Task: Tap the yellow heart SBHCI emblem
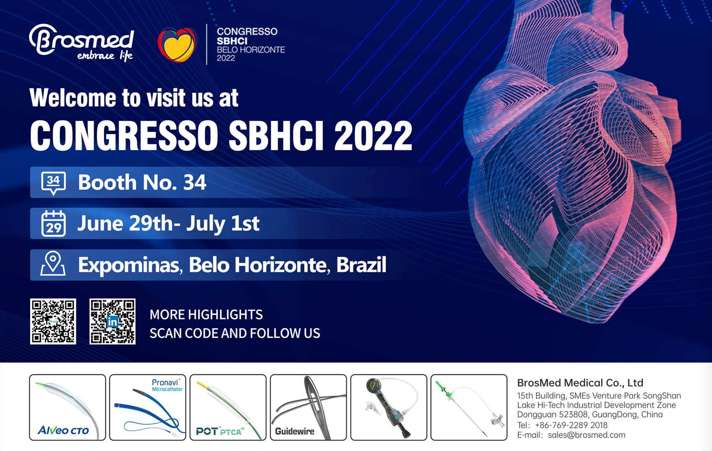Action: click(x=177, y=45)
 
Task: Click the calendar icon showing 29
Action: click(x=54, y=224)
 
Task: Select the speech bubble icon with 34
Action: click(x=54, y=183)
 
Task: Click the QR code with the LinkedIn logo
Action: click(x=113, y=321)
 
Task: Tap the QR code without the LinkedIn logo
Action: click(x=53, y=321)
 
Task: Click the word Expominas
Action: click(x=129, y=265)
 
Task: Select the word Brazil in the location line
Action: click(x=361, y=264)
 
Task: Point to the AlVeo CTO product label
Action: click(x=63, y=430)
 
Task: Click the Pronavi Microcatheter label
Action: click(x=167, y=385)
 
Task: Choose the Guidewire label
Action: click(x=295, y=431)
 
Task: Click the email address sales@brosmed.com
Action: click(x=586, y=435)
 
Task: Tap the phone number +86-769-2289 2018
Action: click(x=571, y=425)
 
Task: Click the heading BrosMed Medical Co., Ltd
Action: click(x=580, y=383)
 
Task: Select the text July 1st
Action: click(x=223, y=224)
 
